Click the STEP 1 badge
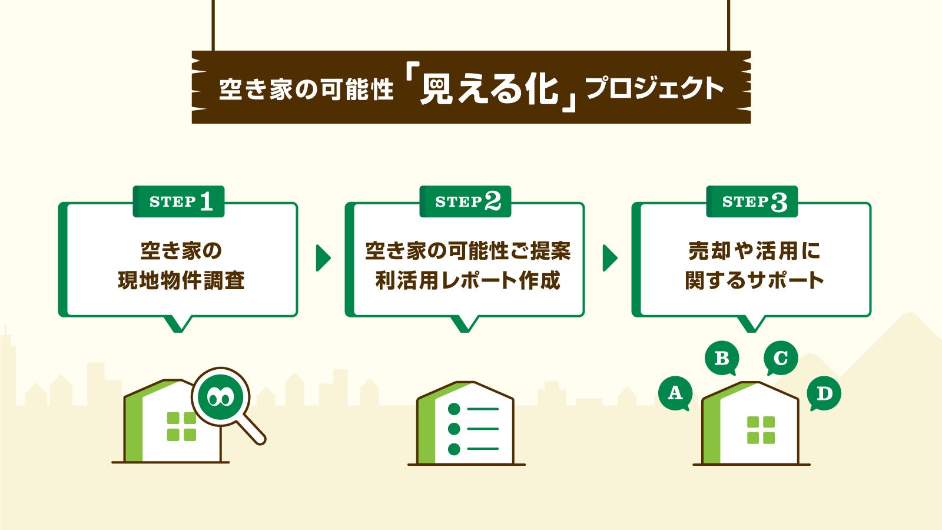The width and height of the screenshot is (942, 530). tap(179, 201)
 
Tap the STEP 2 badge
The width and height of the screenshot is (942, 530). tap(466, 201)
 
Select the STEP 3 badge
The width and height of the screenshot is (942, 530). tap(752, 201)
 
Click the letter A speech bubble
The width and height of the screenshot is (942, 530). tap(675, 392)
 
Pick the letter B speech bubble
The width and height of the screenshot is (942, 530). tap(722, 357)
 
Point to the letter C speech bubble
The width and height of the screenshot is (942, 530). tap(781, 357)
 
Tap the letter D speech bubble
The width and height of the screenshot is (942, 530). tap(824, 393)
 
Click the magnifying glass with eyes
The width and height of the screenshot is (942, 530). tap(221, 397)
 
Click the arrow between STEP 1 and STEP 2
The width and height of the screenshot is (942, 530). tap(323, 258)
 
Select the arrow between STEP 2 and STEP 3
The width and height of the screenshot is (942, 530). tap(609, 258)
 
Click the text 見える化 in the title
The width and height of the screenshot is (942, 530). tap(489, 90)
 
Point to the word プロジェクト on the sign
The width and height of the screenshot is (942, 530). tap(655, 88)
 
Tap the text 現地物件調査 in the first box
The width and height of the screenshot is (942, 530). tap(181, 280)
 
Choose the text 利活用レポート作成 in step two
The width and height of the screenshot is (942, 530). tap(467, 280)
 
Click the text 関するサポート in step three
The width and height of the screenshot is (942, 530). tap(754, 280)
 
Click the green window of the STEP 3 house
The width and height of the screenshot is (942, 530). tap(761, 430)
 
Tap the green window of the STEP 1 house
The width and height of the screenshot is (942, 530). tap(181, 426)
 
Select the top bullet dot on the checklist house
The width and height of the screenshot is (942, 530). tap(454, 409)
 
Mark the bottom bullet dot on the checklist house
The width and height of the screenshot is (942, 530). tap(454, 449)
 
